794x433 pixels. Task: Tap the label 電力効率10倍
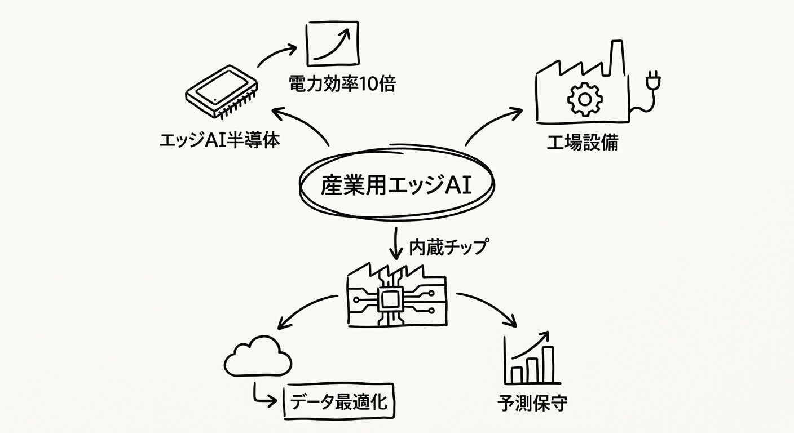point(342,84)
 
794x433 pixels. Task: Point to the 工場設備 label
point(582,142)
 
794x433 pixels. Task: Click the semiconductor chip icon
point(221,92)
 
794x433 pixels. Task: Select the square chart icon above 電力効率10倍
point(332,43)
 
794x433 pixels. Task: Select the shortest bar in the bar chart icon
point(516,374)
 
